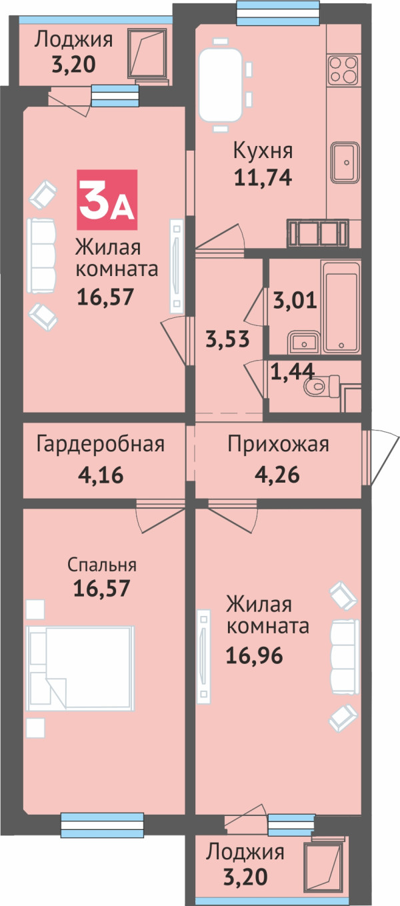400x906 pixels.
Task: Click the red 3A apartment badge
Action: [x=107, y=200]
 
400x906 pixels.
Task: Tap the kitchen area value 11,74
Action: [x=263, y=177]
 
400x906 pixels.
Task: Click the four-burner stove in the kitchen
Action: [x=343, y=69]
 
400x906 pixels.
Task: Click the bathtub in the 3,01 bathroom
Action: [x=341, y=307]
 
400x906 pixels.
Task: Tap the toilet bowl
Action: [x=321, y=386]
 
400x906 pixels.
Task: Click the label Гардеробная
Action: [x=100, y=444]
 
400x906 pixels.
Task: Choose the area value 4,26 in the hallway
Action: [x=277, y=475]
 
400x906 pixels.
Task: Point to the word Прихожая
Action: [x=278, y=444]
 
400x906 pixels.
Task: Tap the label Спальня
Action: [x=102, y=565]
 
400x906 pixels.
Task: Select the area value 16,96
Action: [x=255, y=655]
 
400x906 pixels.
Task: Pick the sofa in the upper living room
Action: [x=41, y=255]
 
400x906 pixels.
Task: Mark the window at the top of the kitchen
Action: [x=277, y=13]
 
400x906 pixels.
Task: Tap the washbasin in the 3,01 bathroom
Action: [x=305, y=341]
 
